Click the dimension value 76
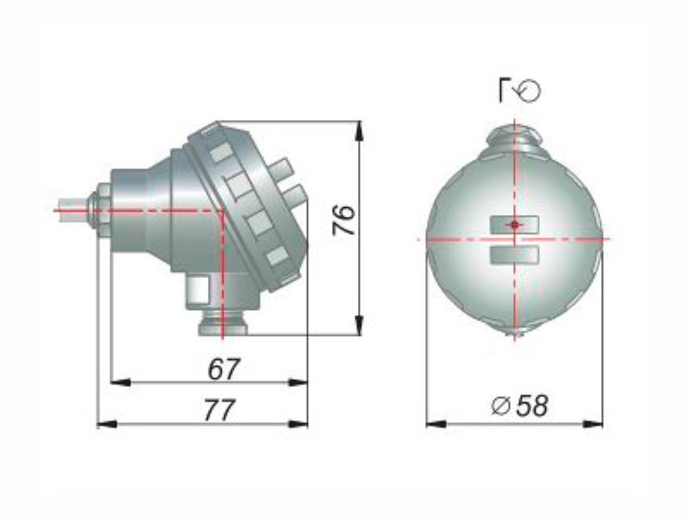(343, 219)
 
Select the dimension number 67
(223, 370)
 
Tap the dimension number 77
(219, 410)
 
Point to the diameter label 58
(532, 405)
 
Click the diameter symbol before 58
(501, 406)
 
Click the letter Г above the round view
(505, 91)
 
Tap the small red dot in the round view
(514, 224)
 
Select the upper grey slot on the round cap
(514, 224)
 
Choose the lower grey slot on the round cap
(514, 255)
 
